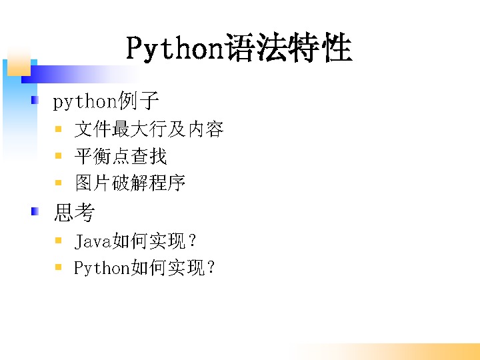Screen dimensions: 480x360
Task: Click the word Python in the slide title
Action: [175, 49]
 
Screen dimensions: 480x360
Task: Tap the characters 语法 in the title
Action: [255, 47]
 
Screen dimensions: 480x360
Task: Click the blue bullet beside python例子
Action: [35, 100]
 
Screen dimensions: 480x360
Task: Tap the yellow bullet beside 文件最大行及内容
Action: [58, 129]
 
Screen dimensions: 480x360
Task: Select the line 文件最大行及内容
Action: [149, 129]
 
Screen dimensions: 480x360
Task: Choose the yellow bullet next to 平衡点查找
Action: [58, 156]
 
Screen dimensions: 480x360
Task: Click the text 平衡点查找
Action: [121, 156]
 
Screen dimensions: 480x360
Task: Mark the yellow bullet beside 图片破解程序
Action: [58, 183]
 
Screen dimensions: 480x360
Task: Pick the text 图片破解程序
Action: [130, 183]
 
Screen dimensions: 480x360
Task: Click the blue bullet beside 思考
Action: [35, 211]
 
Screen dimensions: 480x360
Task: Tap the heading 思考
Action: [75, 212]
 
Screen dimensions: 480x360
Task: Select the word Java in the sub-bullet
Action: [93, 241]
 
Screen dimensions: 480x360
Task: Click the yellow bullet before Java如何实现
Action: [58, 240]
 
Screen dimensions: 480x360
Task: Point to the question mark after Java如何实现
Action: [193, 241]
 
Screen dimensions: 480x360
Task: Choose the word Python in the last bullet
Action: [102, 269]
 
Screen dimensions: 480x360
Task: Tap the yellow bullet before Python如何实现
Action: [58, 267]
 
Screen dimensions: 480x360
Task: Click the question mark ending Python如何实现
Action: [211, 267]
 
